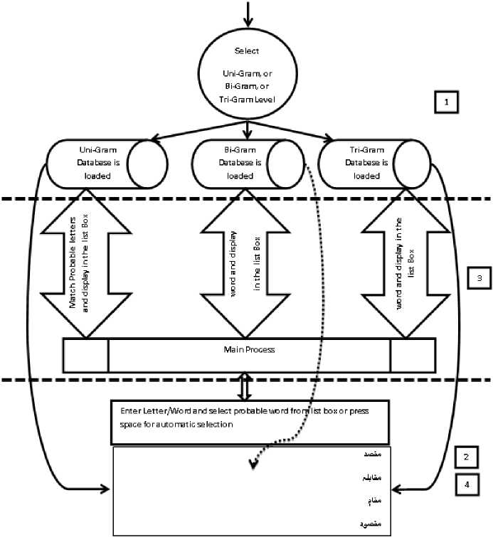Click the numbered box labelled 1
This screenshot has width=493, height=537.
click(x=446, y=102)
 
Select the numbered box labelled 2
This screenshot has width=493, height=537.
click(x=465, y=457)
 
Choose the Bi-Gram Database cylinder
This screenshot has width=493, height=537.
click(x=245, y=163)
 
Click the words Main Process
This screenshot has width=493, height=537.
click(x=248, y=350)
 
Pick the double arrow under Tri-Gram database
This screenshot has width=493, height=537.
click(x=405, y=266)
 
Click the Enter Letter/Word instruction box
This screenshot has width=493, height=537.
click(x=249, y=422)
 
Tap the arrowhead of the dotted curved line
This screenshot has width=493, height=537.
click(x=252, y=465)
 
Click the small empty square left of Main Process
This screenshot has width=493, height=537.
click(x=85, y=355)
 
